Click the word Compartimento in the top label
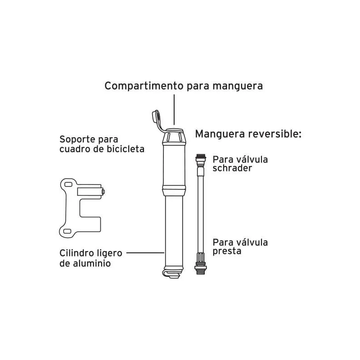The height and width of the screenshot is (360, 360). (x=144, y=86)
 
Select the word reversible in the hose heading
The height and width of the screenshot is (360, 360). (x=274, y=134)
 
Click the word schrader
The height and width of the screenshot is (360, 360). (x=232, y=168)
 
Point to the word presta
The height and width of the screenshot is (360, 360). (x=227, y=252)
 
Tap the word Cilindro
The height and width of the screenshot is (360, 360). (x=74, y=253)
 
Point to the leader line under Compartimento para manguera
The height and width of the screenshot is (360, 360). (x=174, y=109)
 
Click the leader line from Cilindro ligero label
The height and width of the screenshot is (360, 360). (x=145, y=253)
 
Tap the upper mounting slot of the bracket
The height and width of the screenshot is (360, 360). (x=68, y=184)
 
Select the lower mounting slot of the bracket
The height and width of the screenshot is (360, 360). (x=67, y=231)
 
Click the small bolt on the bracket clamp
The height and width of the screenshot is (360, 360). (x=103, y=192)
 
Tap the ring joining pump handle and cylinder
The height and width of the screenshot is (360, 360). (x=174, y=190)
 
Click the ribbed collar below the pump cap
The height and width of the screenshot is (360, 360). (x=174, y=137)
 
